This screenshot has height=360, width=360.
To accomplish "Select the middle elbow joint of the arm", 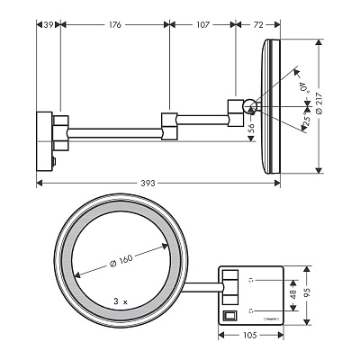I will tap(171, 127).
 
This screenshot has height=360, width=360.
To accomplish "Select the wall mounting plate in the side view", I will tap(44, 129).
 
